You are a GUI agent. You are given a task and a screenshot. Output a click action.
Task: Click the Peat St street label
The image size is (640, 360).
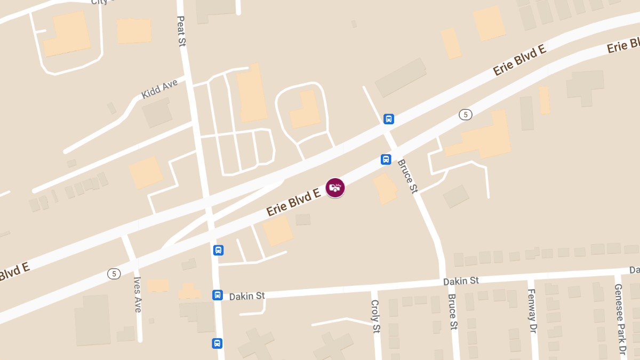point(181,31)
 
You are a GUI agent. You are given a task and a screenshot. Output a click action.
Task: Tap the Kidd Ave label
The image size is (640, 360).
point(159,89)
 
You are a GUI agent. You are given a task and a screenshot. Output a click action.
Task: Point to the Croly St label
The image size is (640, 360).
point(374,315)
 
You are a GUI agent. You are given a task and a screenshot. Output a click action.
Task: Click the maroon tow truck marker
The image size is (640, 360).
point(335,188)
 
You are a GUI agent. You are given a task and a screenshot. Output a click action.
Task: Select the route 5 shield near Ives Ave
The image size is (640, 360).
point(114,274)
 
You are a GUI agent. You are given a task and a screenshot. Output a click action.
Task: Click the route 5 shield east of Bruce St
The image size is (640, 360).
point(466,115)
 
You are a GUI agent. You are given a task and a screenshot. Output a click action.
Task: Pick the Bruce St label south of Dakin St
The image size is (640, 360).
point(453,311)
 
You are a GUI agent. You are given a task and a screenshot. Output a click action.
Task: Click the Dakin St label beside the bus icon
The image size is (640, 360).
point(247,295)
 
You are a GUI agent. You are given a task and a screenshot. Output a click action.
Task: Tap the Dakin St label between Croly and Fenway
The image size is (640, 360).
point(461,281)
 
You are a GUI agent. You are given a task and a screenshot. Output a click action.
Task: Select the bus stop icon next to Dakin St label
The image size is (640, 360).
point(218,295)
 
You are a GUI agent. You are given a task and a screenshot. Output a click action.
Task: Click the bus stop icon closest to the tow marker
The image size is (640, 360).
point(386,159)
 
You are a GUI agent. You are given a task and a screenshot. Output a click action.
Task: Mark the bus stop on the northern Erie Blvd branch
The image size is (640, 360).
point(389,118)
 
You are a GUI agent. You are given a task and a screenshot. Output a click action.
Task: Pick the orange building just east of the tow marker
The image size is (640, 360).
point(386,188)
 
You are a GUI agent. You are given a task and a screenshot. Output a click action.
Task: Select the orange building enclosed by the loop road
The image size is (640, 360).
point(305,110)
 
